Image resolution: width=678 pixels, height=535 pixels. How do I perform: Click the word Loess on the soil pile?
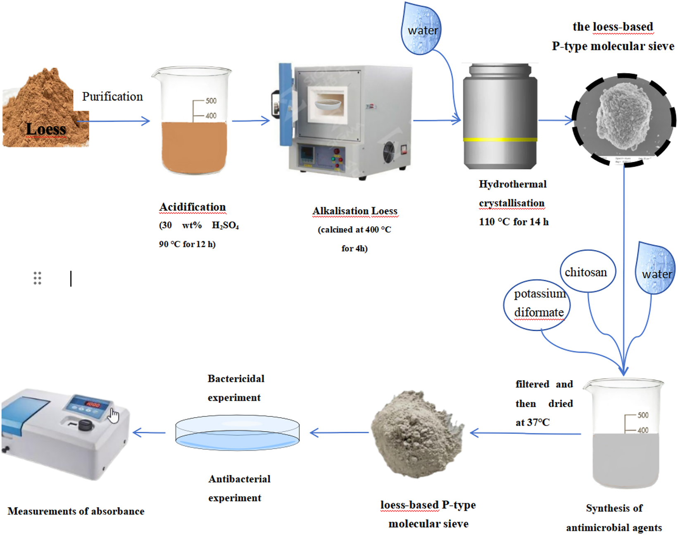coord(46,129)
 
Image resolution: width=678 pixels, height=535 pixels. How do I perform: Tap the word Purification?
coord(112,97)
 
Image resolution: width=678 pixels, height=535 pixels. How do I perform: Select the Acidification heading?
coord(193,207)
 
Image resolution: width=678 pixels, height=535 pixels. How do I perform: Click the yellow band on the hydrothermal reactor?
coord(500,140)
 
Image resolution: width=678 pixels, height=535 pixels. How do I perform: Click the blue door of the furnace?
coord(285,103)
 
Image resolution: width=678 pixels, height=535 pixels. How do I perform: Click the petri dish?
coord(237,432)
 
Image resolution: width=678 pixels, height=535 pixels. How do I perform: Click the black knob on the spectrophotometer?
coord(85,425)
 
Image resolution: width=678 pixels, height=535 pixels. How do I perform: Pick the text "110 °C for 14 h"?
coord(514,222)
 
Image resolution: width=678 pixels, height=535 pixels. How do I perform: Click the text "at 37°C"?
coord(532,422)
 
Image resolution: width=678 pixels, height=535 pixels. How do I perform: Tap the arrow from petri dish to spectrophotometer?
coord(149,433)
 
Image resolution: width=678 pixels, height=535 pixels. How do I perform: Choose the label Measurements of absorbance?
coord(76,511)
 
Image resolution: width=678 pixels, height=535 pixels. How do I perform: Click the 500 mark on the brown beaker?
coord(211,101)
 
